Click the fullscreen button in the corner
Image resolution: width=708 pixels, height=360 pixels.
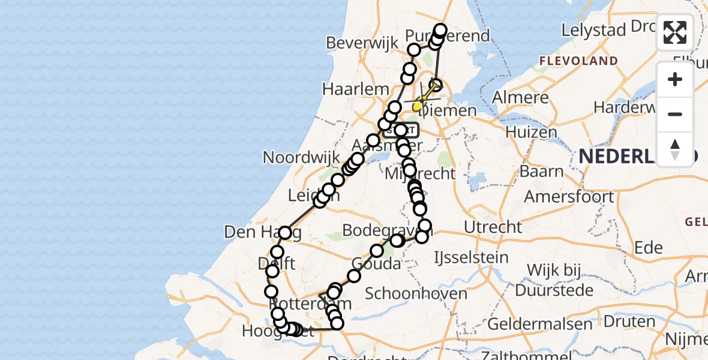point(675,32)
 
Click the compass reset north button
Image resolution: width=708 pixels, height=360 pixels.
point(675,149)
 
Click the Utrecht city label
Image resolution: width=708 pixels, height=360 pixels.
point(493,227)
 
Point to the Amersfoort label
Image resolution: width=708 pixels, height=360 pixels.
point(569,196)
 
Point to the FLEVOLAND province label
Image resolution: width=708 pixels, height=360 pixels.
point(578,61)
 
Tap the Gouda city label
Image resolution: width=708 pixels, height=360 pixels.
point(376,263)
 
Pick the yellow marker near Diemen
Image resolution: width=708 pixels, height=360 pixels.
point(417,107)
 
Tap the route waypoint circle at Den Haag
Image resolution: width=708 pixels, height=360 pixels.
point(285,233)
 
